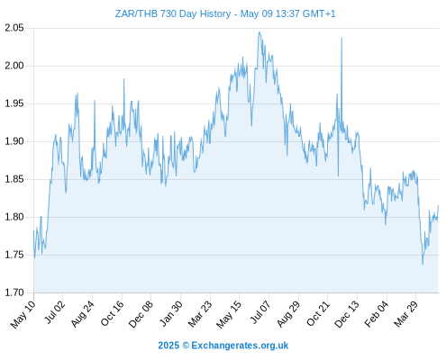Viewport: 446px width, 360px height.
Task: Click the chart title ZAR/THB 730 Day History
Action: click(173, 13)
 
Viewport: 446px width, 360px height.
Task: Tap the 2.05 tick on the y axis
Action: click(14, 28)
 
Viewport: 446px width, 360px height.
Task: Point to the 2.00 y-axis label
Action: click(14, 66)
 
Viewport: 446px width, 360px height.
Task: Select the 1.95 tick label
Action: click(14, 103)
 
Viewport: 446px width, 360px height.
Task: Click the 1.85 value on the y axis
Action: click(14, 179)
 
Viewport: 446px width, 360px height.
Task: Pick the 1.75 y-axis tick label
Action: click(14, 255)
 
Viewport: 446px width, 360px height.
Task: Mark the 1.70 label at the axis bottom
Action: click(14, 292)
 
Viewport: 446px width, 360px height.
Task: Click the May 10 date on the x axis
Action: click(23, 314)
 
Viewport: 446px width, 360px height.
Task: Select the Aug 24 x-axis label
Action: click(82, 314)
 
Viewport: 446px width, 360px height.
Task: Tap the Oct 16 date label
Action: click(112, 314)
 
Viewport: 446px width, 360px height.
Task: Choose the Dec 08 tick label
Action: click(141, 314)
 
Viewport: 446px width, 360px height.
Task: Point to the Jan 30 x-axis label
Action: click(170, 314)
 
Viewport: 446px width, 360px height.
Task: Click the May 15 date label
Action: click(229, 314)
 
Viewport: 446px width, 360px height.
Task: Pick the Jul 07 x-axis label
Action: click(260, 312)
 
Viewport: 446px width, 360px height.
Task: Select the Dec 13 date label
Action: click(347, 314)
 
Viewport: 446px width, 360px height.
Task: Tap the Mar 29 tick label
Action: click(405, 314)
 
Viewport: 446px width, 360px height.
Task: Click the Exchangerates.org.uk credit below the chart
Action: click(223, 346)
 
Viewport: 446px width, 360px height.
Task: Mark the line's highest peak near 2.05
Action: click(259, 32)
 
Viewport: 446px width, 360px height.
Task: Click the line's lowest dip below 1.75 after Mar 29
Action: click(423, 265)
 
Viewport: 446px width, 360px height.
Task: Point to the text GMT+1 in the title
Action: click(319, 13)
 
